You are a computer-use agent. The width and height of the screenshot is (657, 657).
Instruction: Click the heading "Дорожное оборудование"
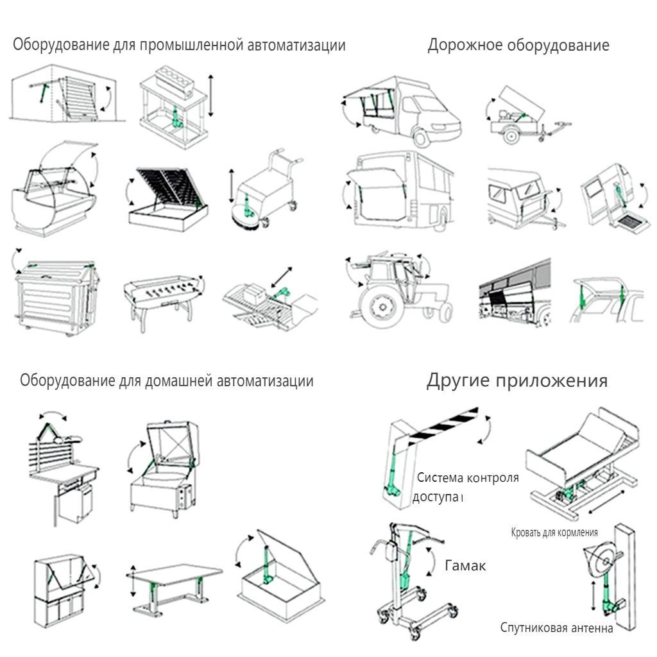[x=518, y=46]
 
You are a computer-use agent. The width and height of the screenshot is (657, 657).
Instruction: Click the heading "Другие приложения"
[x=516, y=381]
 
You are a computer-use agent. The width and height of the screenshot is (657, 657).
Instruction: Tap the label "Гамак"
[x=465, y=566]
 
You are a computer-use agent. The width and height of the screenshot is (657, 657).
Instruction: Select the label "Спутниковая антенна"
[x=556, y=627]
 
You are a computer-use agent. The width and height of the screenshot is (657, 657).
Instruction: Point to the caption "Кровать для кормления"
[x=555, y=533]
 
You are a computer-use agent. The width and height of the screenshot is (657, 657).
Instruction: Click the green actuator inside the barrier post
[x=393, y=475]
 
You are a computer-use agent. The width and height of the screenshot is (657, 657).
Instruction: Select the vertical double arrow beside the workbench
[x=210, y=96]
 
